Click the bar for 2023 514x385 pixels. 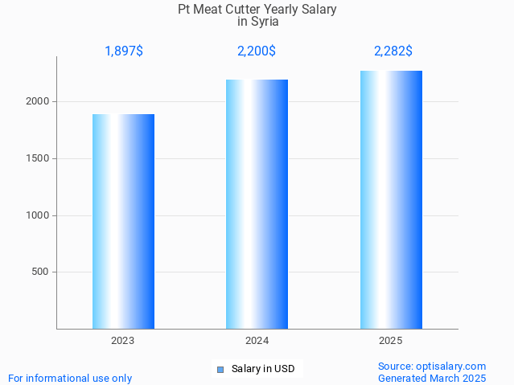[x=123, y=221]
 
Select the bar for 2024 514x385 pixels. [x=257, y=204]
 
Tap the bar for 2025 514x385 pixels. [x=391, y=199]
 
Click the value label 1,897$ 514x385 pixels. [x=124, y=51]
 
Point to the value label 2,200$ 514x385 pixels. [x=257, y=51]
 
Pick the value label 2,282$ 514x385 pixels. [x=393, y=51]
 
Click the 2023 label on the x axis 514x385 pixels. [x=123, y=341]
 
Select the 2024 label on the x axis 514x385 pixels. [x=257, y=341]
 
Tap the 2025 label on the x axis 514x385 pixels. [x=391, y=341]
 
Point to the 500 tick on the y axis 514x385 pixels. [x=41, y=272]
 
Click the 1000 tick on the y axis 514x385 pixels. [x=39, y=215]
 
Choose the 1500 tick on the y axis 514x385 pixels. [x=39, y=158]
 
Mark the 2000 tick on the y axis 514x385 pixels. [x=39, y=102]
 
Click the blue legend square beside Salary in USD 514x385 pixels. [x=220, y=370]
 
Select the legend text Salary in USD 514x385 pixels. [x=263, y=370]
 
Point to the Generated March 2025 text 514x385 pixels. [x=432, y=378]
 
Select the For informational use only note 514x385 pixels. [x=70, y=378]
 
